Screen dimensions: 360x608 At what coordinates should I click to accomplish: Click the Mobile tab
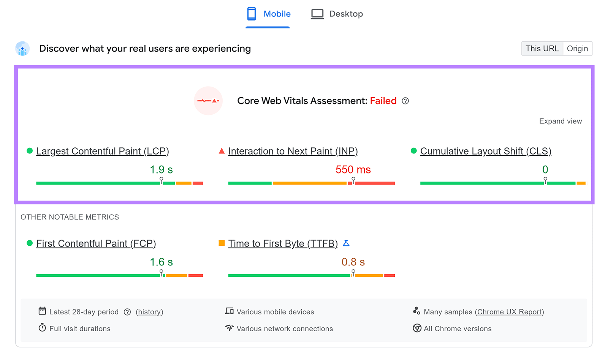click(269, 14)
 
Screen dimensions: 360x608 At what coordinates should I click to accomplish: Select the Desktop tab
click(337, 14)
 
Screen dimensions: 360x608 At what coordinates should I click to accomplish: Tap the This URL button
click(542, 49)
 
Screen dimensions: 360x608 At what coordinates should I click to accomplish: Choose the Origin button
click(577, 49)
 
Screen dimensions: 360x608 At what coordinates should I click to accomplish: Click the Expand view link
click(560, 121)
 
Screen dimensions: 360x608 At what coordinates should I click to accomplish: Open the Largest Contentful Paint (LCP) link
click(103, 151)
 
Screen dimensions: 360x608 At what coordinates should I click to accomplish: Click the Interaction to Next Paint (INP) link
click(293, 151)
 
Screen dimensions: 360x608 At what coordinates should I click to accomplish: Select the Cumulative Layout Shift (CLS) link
click(486, 151)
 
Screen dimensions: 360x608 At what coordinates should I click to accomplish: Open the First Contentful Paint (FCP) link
click(96, 243)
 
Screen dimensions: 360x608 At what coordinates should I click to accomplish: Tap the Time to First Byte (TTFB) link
click(283, 243)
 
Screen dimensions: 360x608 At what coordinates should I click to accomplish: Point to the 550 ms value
click(353, 170)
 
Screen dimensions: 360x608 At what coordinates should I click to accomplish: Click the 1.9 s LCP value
click(161, 170)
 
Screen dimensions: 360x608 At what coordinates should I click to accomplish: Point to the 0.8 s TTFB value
click(353, 262)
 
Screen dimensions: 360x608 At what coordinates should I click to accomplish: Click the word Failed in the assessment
click(383, 101)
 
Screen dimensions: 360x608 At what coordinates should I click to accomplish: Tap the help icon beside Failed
click(405, 101)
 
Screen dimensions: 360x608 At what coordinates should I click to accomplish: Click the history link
click(149, 312)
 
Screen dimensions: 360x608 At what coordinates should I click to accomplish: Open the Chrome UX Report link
click(509, 312)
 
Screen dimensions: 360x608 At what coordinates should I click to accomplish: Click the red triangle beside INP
click(222, 151)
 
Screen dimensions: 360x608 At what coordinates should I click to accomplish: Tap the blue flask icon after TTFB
click(346, 243)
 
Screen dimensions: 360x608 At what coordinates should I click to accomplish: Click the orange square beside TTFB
click(222, 243)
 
